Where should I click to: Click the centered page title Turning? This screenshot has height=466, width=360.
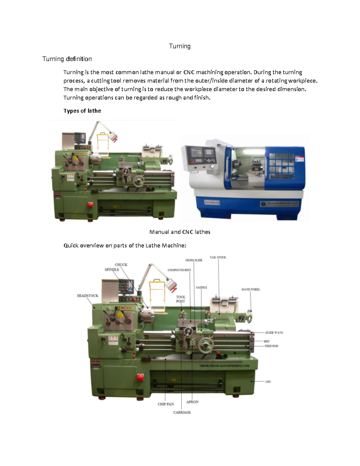pyautogui.click(x=179, y=46)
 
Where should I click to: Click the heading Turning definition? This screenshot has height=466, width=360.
pyautogui.click(x=67, y=59)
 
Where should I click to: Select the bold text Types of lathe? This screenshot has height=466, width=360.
pyautogui.click(x=82, y=111)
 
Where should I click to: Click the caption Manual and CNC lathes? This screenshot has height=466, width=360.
pyautogui.click(x=180, y=232)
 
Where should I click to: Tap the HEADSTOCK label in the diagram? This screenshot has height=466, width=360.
pyautogui.click(x=88, y=296)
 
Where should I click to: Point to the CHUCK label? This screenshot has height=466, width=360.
pyautogui.click(x=121, y=265)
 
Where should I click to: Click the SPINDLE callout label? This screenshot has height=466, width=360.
pyautogui.click(x=112, y=269)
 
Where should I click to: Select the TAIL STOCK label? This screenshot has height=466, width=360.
pyautogui.click(x=218, y=257)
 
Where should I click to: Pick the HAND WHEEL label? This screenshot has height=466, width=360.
pyautogui.click(x=250, y=290)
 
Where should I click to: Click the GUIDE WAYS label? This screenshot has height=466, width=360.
pyautogui.click(x=274, y=333)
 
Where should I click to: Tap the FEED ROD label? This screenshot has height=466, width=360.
pyautogui.click(x=271, y=346)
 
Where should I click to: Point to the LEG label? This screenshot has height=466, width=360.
pyautogui.click(x=268, y=382)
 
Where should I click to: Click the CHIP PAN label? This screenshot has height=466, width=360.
pyautogui.click(x=166, y=404)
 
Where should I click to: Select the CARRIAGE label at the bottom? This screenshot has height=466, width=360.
pyautogui.click(x=182, y=412)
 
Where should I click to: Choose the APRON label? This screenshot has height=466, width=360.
pyautogui.click(x=192, y=402)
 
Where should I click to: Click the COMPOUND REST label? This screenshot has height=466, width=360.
pyautogui.click(x=179, y=270)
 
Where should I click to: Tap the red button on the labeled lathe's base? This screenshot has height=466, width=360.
pyautogui.click(x=140, y=377)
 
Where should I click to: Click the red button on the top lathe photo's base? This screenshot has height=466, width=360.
pyautogui.click(x=90, y=205)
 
